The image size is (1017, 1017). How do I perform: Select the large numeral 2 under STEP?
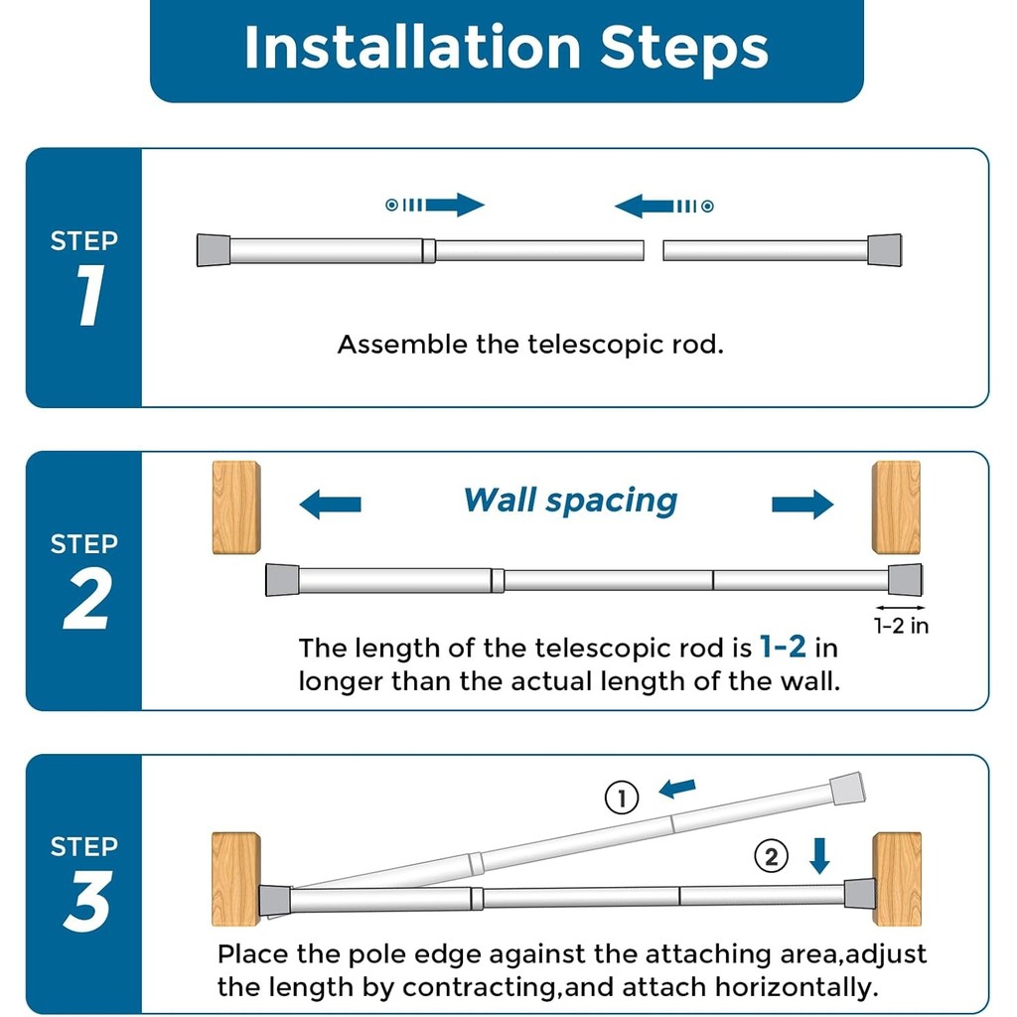(86, 599)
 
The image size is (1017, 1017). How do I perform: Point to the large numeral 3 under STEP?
(87, 901)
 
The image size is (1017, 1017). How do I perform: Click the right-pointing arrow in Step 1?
(435, 205)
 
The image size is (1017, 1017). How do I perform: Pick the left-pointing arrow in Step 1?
(663, 207)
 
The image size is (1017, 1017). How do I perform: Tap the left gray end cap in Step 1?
(214, 250)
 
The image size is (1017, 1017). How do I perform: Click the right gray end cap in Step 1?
(885, 250)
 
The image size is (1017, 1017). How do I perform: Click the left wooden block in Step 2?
(236, 508)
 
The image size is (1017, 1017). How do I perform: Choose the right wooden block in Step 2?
(897, 508)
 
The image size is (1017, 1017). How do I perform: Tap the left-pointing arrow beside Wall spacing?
(330, 504)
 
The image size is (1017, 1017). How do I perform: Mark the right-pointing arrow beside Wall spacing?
(802, 504)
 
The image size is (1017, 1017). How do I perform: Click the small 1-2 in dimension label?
(901, 626)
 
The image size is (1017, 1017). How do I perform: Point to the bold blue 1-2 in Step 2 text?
(783, 647)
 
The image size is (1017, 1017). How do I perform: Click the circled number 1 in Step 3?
(622, 798)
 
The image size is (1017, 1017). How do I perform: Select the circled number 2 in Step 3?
(771, 856)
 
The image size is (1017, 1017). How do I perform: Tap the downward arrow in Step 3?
(819, 855)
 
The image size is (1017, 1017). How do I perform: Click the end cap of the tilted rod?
(847, 788)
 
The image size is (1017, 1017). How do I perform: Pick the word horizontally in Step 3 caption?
(797, 988)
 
